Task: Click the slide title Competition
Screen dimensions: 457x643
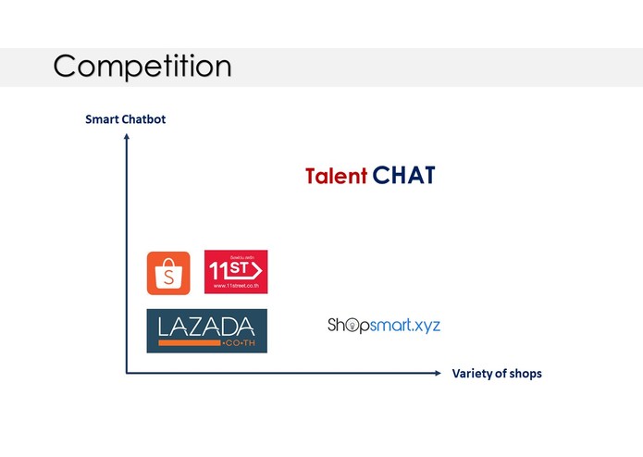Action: [142, 67]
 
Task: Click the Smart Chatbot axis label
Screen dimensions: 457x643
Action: [125, 119]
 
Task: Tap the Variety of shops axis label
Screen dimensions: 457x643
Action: [497, 374]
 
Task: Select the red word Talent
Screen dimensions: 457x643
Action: [336, 176]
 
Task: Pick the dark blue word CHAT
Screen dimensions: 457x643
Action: [403, 176]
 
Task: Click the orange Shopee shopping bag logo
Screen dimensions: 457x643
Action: [168, 273]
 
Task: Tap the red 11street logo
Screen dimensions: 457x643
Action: [236, 272]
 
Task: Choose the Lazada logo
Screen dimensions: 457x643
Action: [206, 330]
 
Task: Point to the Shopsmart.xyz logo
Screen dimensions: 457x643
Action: [384, 325]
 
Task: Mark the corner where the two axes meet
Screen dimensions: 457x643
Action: [127, 373]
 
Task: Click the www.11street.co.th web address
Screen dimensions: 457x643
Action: [235, 287]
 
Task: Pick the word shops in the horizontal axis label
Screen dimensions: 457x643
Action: [525, 374]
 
